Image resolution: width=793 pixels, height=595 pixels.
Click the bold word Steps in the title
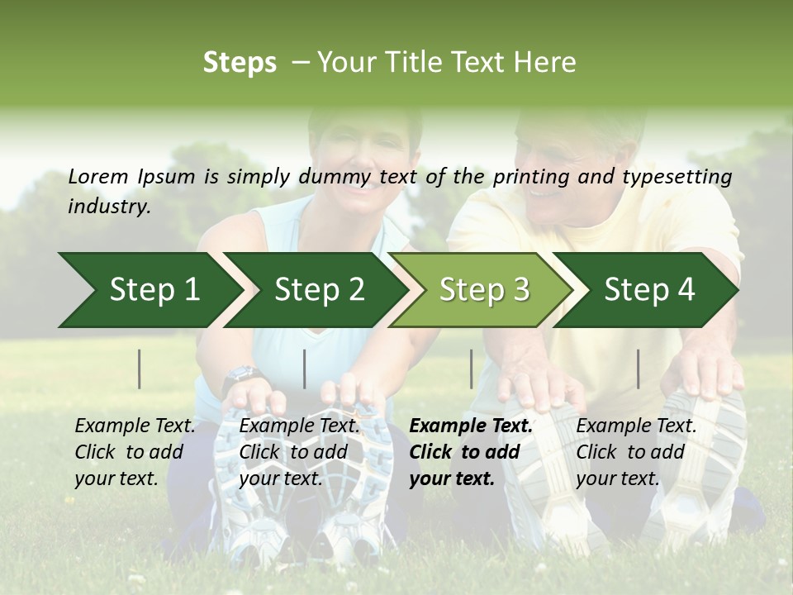click(x=240, y=63)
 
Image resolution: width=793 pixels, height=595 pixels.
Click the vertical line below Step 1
click(x=140, y=369)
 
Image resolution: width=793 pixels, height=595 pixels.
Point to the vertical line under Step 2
click(x=305, y=369)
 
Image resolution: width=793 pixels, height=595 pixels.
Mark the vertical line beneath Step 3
click(x=471, y=369)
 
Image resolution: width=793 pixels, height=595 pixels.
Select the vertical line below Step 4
click(x=638, y=369)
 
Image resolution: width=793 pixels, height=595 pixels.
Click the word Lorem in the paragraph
click(x=98, y=177)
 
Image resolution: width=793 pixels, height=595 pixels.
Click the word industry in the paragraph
click(x=108, y=207)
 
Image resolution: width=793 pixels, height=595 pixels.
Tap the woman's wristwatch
click(x=242, y=376)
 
